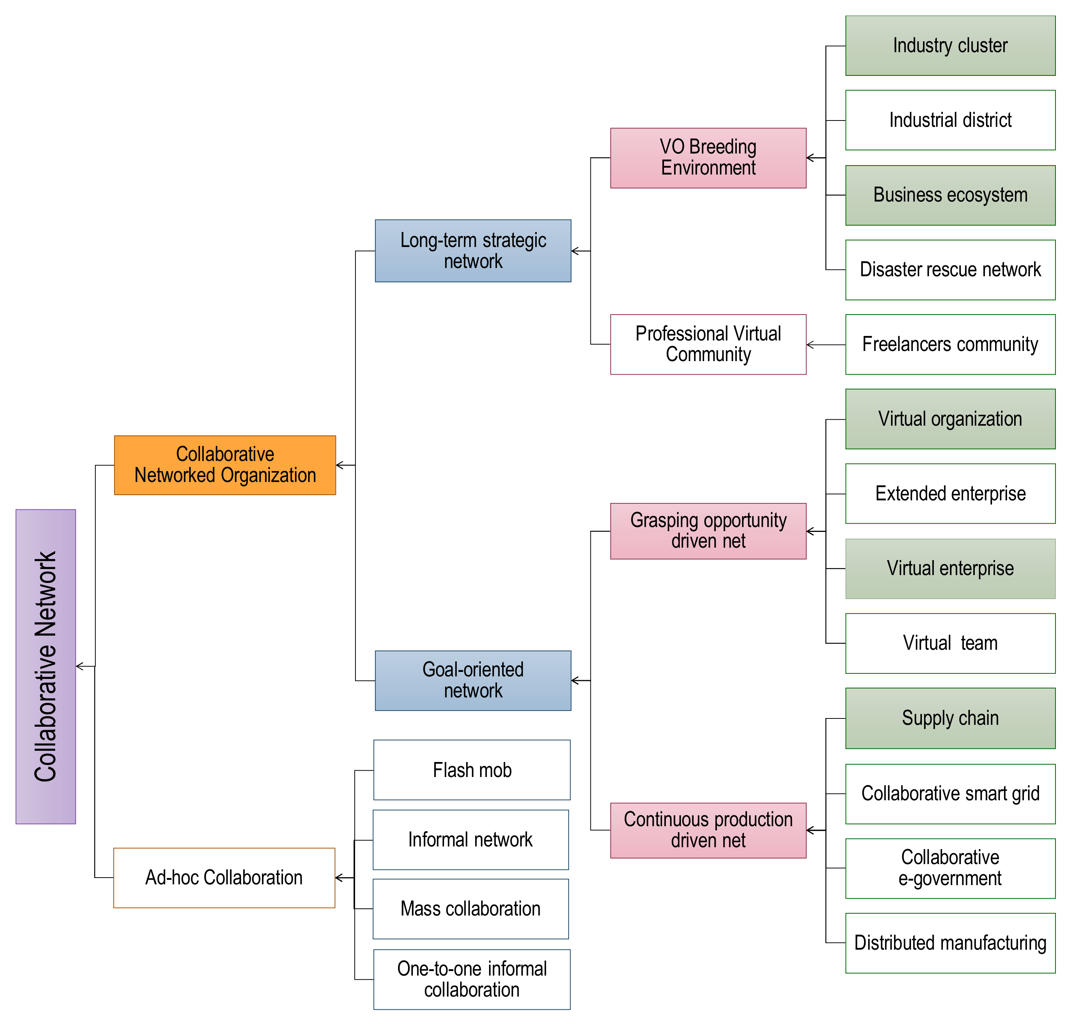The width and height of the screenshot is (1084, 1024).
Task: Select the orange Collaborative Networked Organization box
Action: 225,465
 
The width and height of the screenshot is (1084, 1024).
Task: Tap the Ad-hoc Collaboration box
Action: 224,878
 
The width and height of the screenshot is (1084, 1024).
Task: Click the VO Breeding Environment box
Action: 708,158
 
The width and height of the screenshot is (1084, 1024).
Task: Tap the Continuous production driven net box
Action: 708,830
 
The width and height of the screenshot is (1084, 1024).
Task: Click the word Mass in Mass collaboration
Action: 420,909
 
